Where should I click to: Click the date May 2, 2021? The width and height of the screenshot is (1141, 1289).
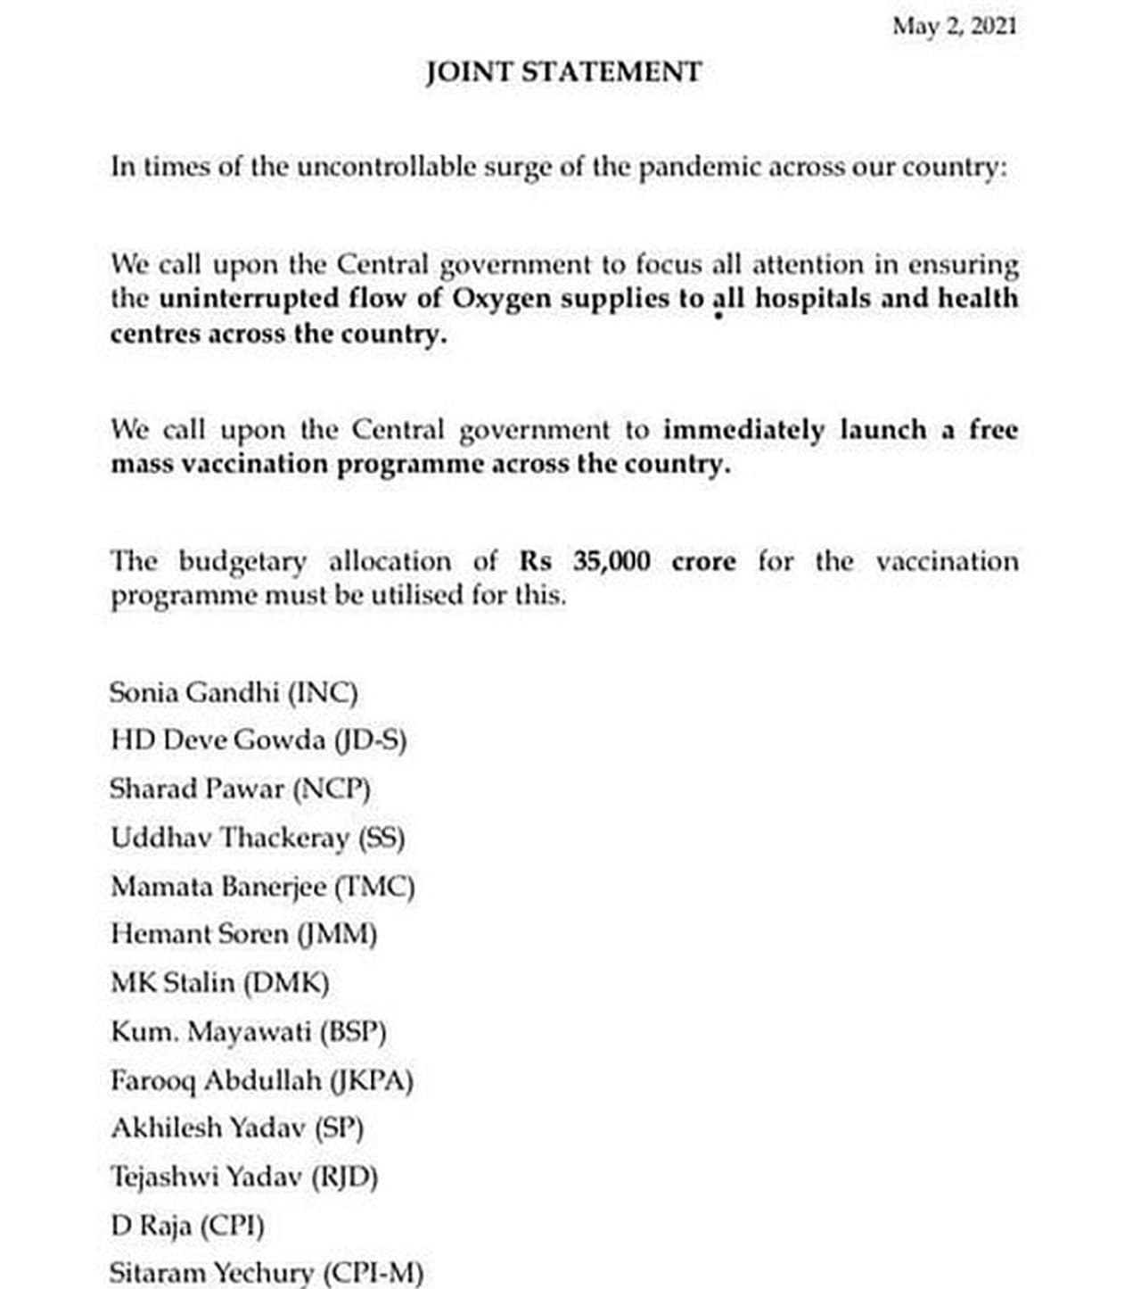(954, 27)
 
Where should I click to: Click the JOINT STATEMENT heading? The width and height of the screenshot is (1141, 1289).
(563, 71)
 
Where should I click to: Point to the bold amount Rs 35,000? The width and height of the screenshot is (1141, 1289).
(585, 561)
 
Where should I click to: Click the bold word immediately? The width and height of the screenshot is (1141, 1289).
(743, 430)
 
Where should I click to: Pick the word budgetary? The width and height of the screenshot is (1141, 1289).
(242, 562)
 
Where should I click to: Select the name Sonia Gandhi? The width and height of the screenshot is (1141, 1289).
(194, 692)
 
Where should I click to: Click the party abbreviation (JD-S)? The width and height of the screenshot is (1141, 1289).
(370, 740)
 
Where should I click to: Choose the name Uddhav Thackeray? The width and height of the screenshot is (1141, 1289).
(230, 838)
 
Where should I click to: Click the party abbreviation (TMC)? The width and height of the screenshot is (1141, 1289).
(374, 887)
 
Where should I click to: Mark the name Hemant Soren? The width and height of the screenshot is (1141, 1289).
(200, 934)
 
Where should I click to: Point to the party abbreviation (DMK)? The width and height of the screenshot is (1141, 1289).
(286, 983)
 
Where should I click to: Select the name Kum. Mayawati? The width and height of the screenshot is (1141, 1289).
(210, 1032)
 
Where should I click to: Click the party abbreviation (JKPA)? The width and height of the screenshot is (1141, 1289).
(372, 1081)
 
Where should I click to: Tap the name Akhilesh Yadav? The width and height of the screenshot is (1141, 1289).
(209, 1128)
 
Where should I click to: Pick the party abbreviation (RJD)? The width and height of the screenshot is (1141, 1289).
(344, 1177)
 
